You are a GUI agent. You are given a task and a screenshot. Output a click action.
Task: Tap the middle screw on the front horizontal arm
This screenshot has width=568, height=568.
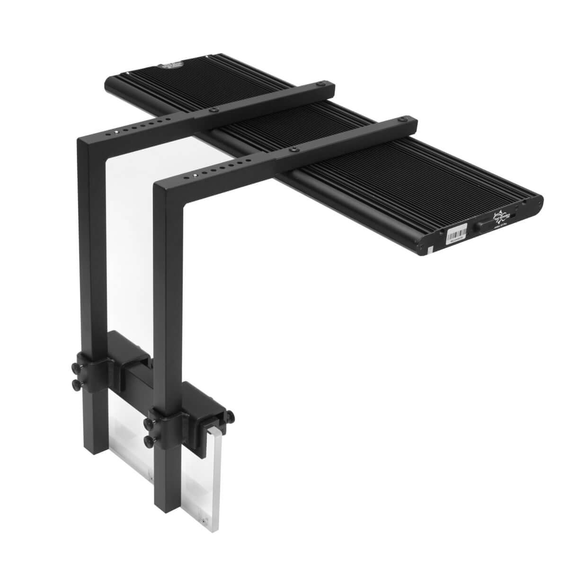(x=294, y=150)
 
